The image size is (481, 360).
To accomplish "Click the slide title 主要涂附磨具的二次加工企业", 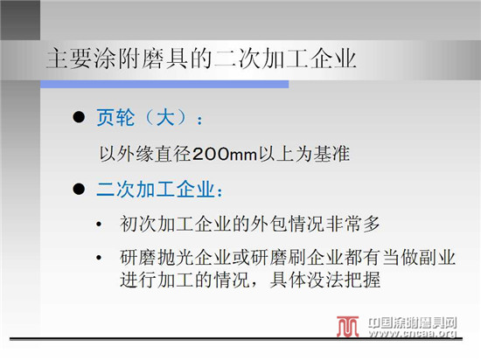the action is [x=201, y=59].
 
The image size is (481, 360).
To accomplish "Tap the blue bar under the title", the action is [x=164, y=84].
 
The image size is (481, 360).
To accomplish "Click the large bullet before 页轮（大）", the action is [x=79, y=117].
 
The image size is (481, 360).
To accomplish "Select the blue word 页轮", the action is [x=115, y=117].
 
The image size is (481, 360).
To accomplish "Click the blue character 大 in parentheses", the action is [x=165, y=117].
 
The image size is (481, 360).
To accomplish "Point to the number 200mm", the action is [x=225, y=154].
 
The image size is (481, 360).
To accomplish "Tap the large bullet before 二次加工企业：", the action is [x=79, y=189].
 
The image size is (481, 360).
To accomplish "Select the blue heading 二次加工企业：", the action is [x=159, y=189].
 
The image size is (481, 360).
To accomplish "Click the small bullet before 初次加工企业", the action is [x=99, y=225].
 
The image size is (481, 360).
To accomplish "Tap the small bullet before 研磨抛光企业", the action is [x=99, y=258].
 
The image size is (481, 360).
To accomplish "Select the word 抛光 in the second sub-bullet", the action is [x=176, y=258].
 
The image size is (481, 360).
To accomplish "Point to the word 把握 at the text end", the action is [x=362, y=280].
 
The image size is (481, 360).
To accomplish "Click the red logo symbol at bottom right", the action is [x=347, y=327].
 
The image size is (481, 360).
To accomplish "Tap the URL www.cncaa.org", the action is [x=413, y=333].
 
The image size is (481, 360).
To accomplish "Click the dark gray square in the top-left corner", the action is [x=20, y=20].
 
